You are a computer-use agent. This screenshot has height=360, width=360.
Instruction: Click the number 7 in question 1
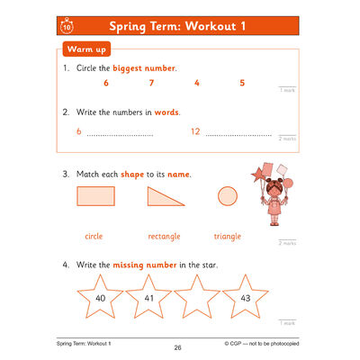(x=151, y=83)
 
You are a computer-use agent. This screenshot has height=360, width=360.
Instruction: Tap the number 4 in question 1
(x=197, y=83)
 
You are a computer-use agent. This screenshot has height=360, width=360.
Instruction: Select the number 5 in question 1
(x=242, y=83)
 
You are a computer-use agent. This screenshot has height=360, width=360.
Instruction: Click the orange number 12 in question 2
(x=195, y=132)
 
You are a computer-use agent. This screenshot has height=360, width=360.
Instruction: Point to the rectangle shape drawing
(x=96, y=196)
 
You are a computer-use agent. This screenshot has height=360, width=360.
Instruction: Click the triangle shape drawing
(x=166, y=197)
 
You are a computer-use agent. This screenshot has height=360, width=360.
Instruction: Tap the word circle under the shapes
(x=93, y=236)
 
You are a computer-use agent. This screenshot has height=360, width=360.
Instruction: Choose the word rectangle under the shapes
(x=164, y=236)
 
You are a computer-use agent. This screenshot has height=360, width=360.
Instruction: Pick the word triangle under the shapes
(x=227, y=236)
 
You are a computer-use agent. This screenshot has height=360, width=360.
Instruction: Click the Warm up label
(x=85, y=49)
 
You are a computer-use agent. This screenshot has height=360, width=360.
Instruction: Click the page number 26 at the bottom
(x=177, y=346)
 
